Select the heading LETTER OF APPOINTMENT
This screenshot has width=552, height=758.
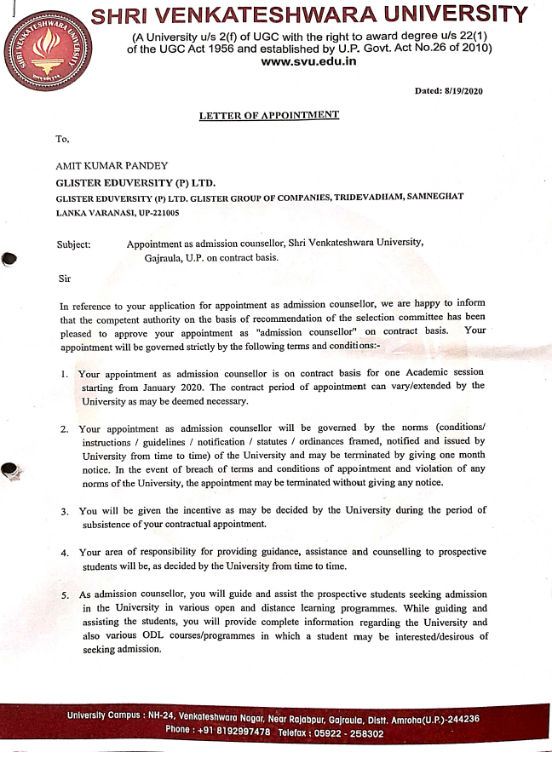[269, 116]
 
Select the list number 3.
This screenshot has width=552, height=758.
[65, 512]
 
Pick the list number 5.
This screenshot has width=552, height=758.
[65, 594]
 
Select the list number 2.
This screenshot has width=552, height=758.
[65, 428]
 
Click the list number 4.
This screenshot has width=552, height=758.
[65, 554]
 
